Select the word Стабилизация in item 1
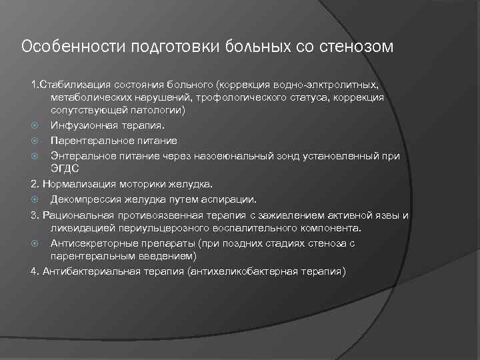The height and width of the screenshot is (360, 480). click(x=71, y=85)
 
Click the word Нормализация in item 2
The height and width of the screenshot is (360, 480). click(x=75, y=183)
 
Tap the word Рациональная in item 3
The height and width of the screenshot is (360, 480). click(x=75, y=215)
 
